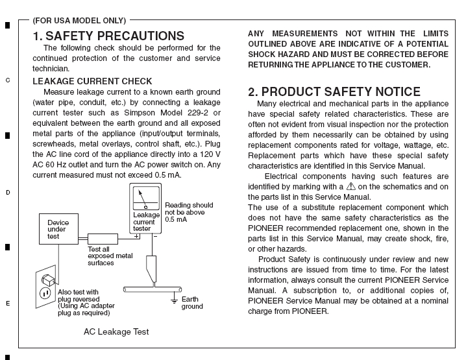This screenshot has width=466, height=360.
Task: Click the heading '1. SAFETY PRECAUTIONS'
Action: tap(108, 36)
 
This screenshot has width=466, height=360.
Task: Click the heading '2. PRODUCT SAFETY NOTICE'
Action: tap(334, 91)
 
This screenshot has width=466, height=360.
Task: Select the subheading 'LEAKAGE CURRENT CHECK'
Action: tap(92, 81)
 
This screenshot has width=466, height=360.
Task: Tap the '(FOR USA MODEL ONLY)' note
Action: tap(79, 21)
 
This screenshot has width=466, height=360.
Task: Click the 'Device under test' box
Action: tap(58, 230)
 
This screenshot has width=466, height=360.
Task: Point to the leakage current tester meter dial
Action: tap(145, 197)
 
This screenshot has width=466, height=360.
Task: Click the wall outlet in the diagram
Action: tap(45, 285)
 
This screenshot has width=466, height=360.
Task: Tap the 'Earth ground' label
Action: tap(192, 302)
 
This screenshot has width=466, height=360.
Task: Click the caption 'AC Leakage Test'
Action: tap(116, 331)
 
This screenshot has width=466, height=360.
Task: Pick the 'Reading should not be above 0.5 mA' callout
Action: tap(188, 211)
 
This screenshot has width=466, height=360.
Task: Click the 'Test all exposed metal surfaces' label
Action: tap(110, 256)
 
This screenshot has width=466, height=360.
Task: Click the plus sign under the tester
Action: tap(136, 236)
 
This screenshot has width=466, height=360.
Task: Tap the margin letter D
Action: tap(8, 192)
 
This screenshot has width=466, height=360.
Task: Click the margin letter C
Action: tap(8, 80)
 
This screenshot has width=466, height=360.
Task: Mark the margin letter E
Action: tap(8, 303)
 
